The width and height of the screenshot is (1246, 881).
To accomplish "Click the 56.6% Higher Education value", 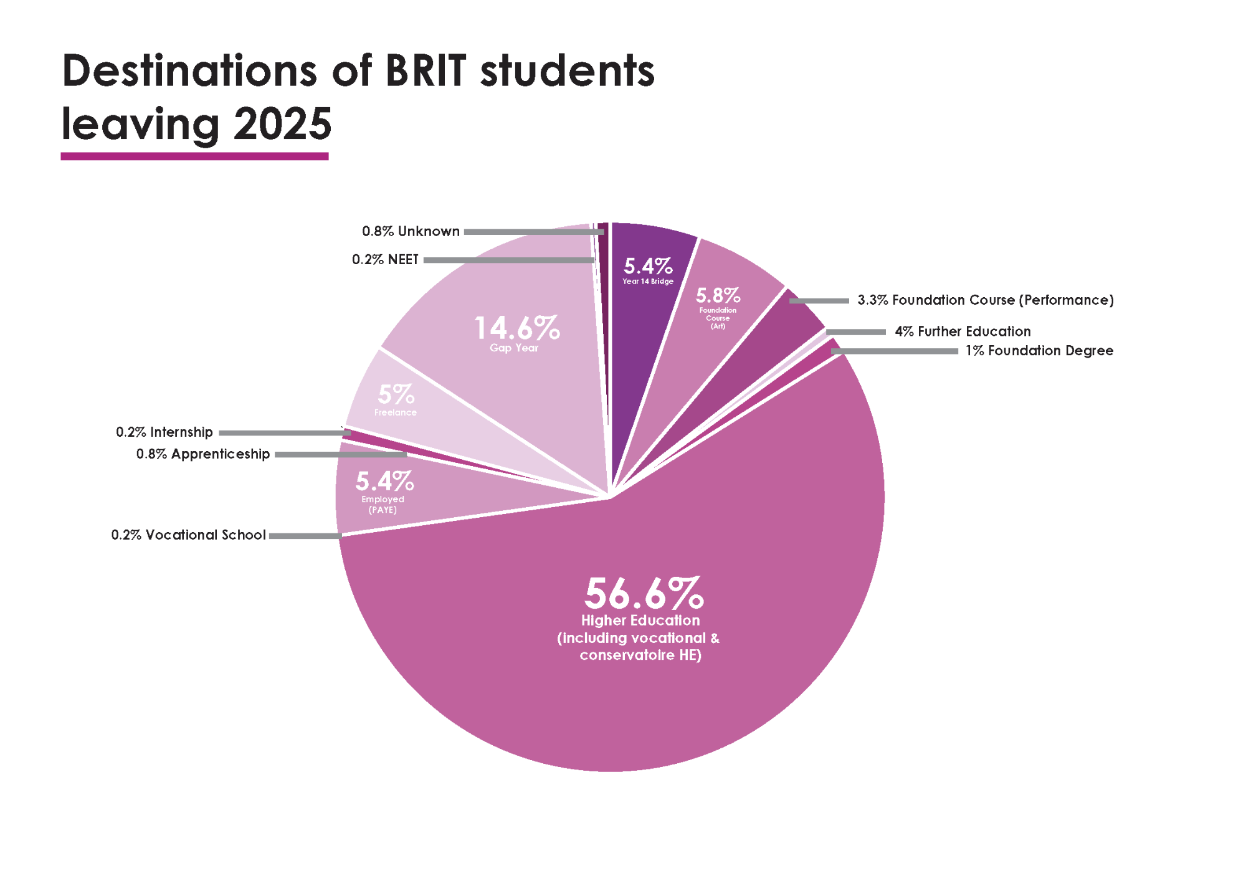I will pos(644,593).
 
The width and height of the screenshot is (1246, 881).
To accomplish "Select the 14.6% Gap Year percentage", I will pos(516,328).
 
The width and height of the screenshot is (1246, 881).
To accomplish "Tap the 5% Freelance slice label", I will pos(396,399).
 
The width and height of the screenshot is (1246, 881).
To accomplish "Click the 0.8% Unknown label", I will pos(411,231).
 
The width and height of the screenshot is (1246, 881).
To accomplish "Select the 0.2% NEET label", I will pos(385,259).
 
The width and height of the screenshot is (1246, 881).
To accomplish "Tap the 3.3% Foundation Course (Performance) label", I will pos(985,300).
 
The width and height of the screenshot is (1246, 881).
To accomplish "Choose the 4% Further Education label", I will pos(963,331).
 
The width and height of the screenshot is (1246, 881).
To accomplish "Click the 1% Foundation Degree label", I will pos(1039,351).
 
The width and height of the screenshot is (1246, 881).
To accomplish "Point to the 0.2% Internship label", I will pos(164,432).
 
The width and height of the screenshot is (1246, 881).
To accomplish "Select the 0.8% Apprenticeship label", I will pos(203,454).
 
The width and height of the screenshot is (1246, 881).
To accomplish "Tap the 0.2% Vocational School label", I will pos(188,535).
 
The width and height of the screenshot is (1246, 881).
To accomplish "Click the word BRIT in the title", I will pos(426,70).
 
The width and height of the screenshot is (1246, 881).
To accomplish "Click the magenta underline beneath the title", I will pos(194,156).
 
